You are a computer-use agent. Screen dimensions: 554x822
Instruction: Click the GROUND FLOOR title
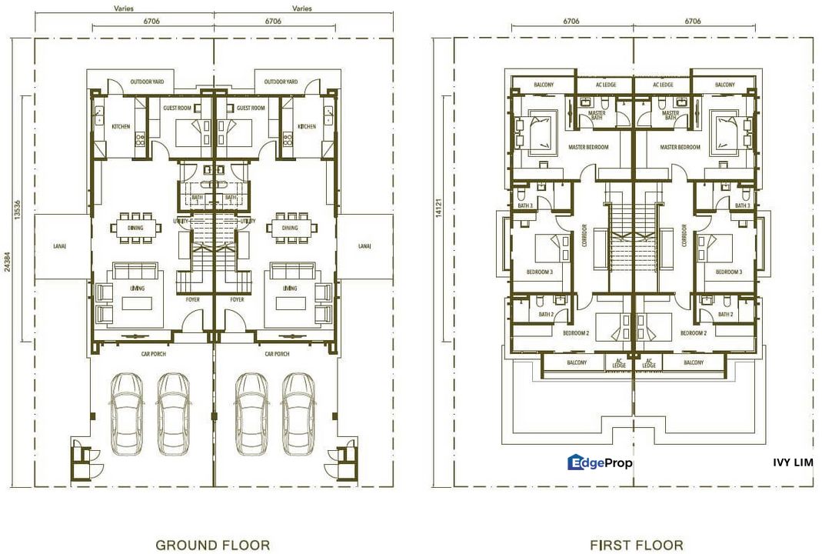[x=212, y=545]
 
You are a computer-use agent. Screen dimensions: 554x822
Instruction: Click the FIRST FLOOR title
[x=636, y=545]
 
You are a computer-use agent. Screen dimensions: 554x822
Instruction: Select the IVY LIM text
[x=792, y=462]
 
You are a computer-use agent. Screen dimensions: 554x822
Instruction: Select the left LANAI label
[x=63, y=246]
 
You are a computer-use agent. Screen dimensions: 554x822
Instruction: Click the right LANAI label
[x=364, y=246]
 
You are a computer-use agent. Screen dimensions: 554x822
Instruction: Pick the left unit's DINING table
[x=135, y=228]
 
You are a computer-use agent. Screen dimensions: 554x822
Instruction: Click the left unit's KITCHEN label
[x=121, y=127]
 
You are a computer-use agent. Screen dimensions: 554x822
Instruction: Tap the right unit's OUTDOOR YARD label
[x=280, y=82]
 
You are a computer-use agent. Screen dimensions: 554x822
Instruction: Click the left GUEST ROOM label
[x=177, y=108]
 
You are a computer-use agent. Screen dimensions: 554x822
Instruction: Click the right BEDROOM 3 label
[x=728, y=272]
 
